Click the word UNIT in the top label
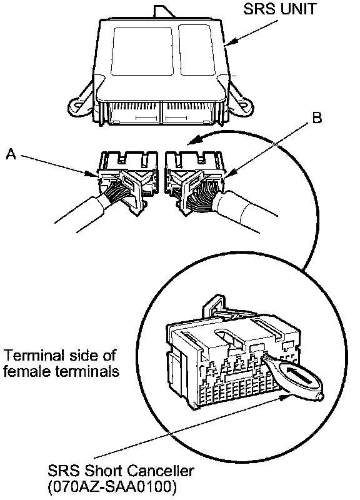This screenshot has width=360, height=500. point(298,9)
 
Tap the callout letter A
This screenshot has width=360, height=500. point(11,154)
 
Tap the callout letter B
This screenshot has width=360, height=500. point(317,117)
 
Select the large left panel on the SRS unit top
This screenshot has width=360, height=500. point(142,51)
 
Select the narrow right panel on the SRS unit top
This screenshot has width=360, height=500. point(197,50)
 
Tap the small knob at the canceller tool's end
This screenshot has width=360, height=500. point(321,396)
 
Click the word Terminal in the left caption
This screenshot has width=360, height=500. point(32,355)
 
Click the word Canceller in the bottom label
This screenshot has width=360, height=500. point(161,471)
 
